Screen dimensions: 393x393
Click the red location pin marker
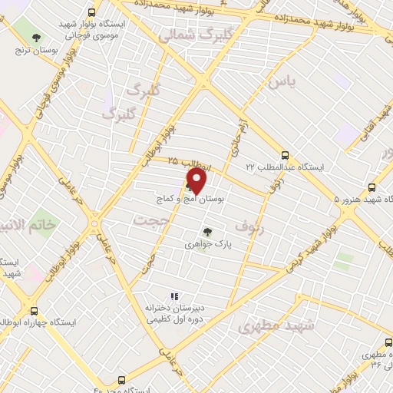[196, 181]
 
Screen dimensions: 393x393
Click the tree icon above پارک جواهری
[207, 231]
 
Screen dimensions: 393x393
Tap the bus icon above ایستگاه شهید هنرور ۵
[372, 187]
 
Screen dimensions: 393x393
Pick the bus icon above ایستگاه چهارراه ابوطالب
[34, 311]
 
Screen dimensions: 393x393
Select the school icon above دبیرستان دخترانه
[174, 296]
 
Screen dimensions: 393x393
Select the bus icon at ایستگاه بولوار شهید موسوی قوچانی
[93, 13]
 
